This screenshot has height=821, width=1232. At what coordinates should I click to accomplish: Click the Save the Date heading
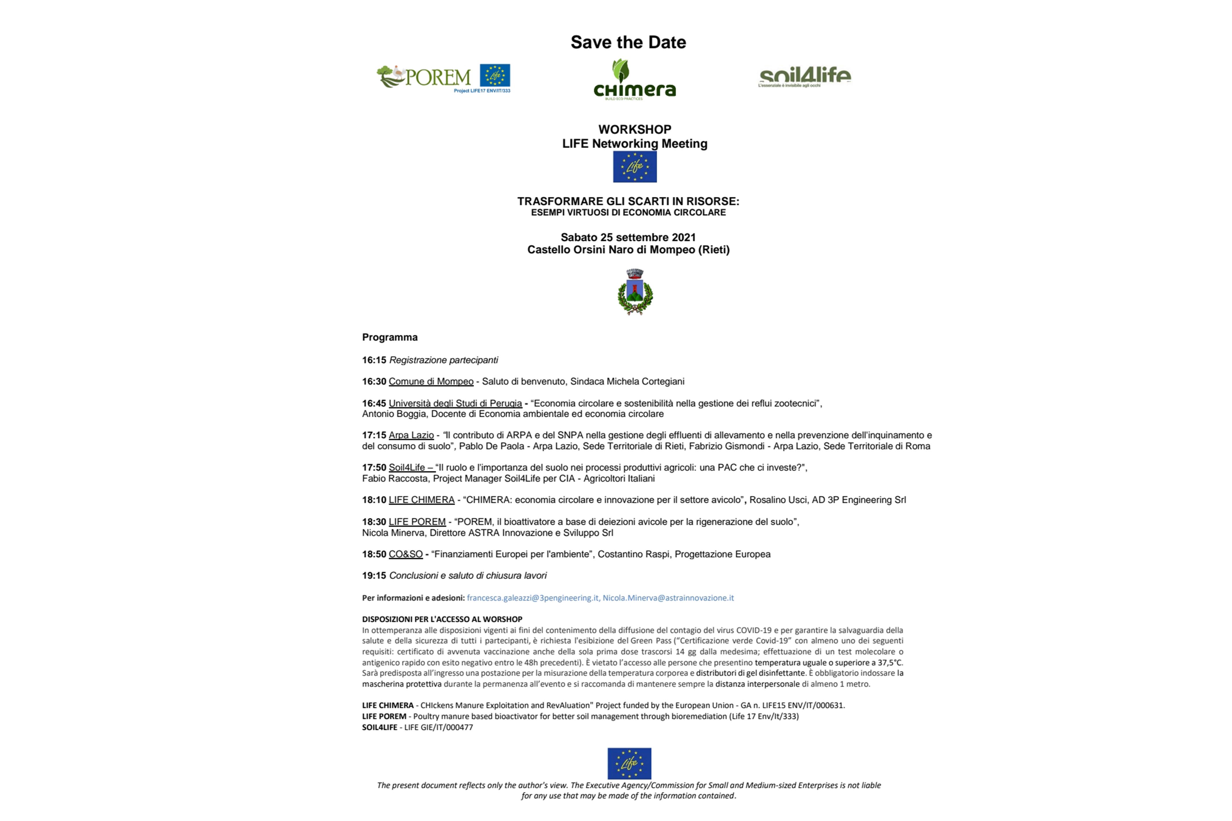point(628,42)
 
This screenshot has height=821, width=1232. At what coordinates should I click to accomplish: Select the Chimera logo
point(634,80)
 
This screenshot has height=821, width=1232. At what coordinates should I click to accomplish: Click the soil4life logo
point(805,77)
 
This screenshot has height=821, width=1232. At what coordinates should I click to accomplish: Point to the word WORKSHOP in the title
point(634,129)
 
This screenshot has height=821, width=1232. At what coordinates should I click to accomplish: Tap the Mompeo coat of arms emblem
point(635,292)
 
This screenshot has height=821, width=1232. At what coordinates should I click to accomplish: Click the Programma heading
point(390,337)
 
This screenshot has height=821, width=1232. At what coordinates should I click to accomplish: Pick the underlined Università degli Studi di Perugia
point(455,403)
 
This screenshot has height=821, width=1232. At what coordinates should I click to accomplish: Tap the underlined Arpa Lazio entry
point(411,435)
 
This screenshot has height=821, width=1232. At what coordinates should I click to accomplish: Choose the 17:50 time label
point(374,468)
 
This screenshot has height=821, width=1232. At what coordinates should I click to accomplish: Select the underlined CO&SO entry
point(405,554)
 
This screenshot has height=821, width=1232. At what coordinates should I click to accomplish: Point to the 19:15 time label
point(374,575)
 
